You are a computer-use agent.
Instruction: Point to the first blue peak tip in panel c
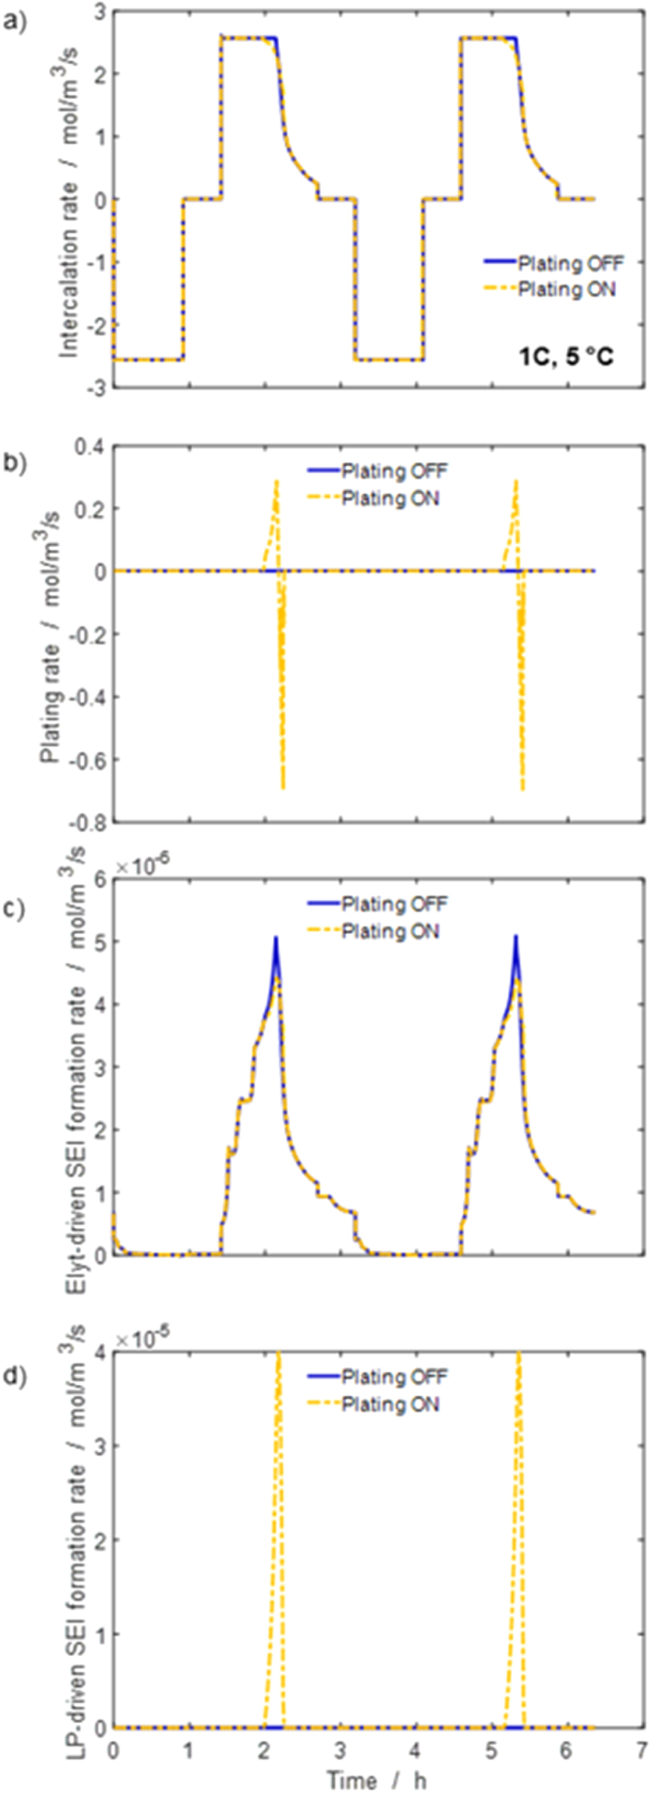click(x=276, y=938)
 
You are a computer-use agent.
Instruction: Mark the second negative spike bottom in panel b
click(x=523, y=788)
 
